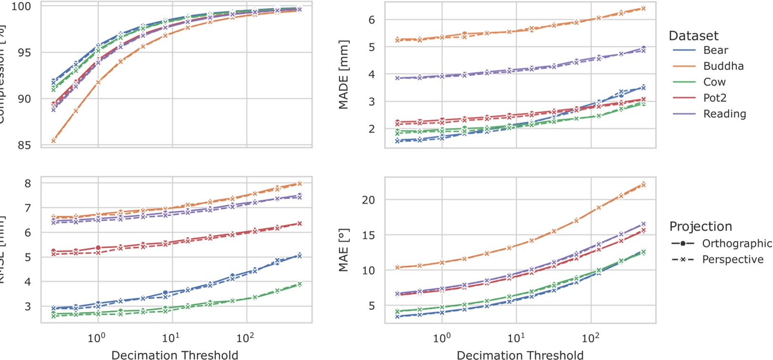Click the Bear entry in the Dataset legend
[x=715, y=50]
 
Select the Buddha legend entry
[x=723, y=66]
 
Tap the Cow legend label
[x=714, y=82]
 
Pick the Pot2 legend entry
[x=714, y=98]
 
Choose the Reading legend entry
[x=724, y=114]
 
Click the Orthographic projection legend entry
[x=736, y=243]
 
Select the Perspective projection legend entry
[x=733, y=260]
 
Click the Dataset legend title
[x=693, y=36]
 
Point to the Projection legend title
[x=700, y=226]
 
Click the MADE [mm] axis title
[x=344, y=75]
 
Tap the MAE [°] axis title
[x=344, y=250]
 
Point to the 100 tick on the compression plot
[x=21, y=6]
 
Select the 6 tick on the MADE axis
[x=371, y=20]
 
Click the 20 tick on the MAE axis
[x=368, y=200]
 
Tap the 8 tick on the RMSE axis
[x=28, y=183]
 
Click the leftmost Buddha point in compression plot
[x=53, y=140]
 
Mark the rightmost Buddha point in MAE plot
[x=643, y=184]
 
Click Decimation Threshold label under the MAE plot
[x=520, y=355]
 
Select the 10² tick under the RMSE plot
[x=245, y=339]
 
